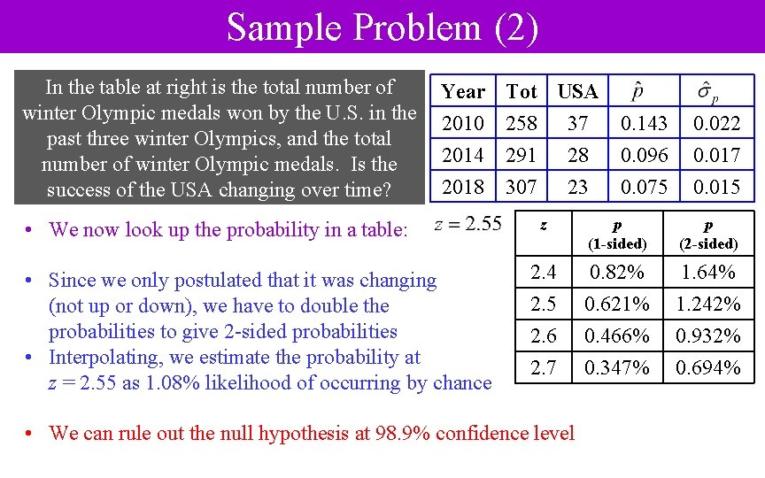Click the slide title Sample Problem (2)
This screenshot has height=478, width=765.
382,27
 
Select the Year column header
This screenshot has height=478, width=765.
463,91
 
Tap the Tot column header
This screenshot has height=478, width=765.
522,91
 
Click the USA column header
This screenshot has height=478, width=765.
577,91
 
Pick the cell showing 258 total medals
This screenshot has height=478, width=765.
522,123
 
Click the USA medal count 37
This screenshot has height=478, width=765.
577,123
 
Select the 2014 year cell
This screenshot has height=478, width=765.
463,155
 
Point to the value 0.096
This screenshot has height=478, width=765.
644,155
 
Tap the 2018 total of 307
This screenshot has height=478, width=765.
522,187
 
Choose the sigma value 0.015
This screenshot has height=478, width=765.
716,187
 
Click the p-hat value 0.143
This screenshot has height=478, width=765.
644,123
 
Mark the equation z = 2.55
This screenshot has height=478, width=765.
468,224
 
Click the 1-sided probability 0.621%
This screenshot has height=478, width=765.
617,304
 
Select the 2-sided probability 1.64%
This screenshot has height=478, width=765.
707,271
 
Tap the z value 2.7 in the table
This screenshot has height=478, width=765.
543,366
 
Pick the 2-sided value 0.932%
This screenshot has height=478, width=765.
707,335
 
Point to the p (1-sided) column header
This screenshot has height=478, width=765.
617,234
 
